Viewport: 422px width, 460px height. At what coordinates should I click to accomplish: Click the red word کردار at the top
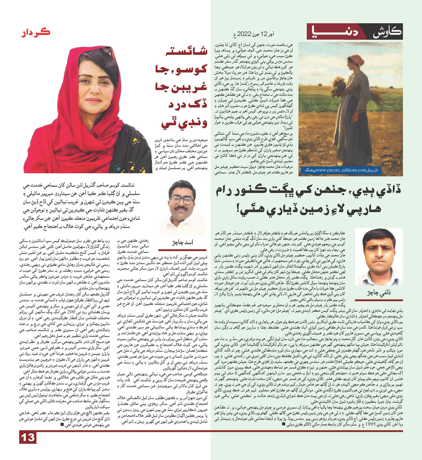tap(36, 33)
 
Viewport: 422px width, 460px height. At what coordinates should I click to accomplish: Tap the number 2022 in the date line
tap(244, 35)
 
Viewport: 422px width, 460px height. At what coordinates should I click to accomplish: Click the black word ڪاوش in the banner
tap(387, 33)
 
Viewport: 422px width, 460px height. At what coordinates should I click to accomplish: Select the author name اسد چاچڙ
tap(183, 242)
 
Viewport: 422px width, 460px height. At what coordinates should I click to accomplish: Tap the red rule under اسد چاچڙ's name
tap(182, 250)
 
